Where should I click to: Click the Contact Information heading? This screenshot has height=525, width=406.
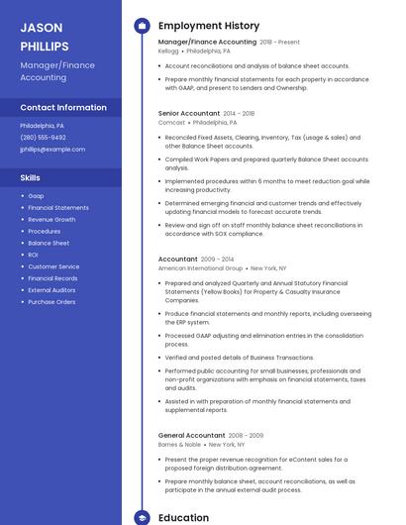(x=63, y=107)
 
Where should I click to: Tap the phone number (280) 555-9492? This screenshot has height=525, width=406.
(x=44, y=138)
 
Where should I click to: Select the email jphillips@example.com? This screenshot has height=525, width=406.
(x=52, y=150)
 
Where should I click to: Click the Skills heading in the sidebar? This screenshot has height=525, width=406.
(x=31, y=177)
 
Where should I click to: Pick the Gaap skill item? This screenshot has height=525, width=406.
(x=36, y=196)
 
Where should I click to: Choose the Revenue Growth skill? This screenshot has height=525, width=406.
(x=51, y=219)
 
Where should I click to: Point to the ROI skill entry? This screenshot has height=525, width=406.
(x=34, y=255)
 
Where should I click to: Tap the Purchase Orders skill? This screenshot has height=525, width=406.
(x=51, y=301)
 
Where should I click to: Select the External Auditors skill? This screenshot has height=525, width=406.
(x=52, y=289)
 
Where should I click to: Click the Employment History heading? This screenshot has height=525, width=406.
(x=209, y=26)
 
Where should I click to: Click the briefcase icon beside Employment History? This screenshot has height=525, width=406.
(x=141, y=26)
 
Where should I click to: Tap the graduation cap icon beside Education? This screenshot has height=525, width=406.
(x=141, y=517)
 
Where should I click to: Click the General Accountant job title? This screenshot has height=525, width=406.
(x=192, y=435)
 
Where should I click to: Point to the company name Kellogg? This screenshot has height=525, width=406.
(x=168, y=51)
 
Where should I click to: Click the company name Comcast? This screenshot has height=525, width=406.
(x=170, y=123)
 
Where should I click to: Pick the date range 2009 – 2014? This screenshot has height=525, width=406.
(x=217, y=259)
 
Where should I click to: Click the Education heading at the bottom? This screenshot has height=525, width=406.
(x=184, y=517)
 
